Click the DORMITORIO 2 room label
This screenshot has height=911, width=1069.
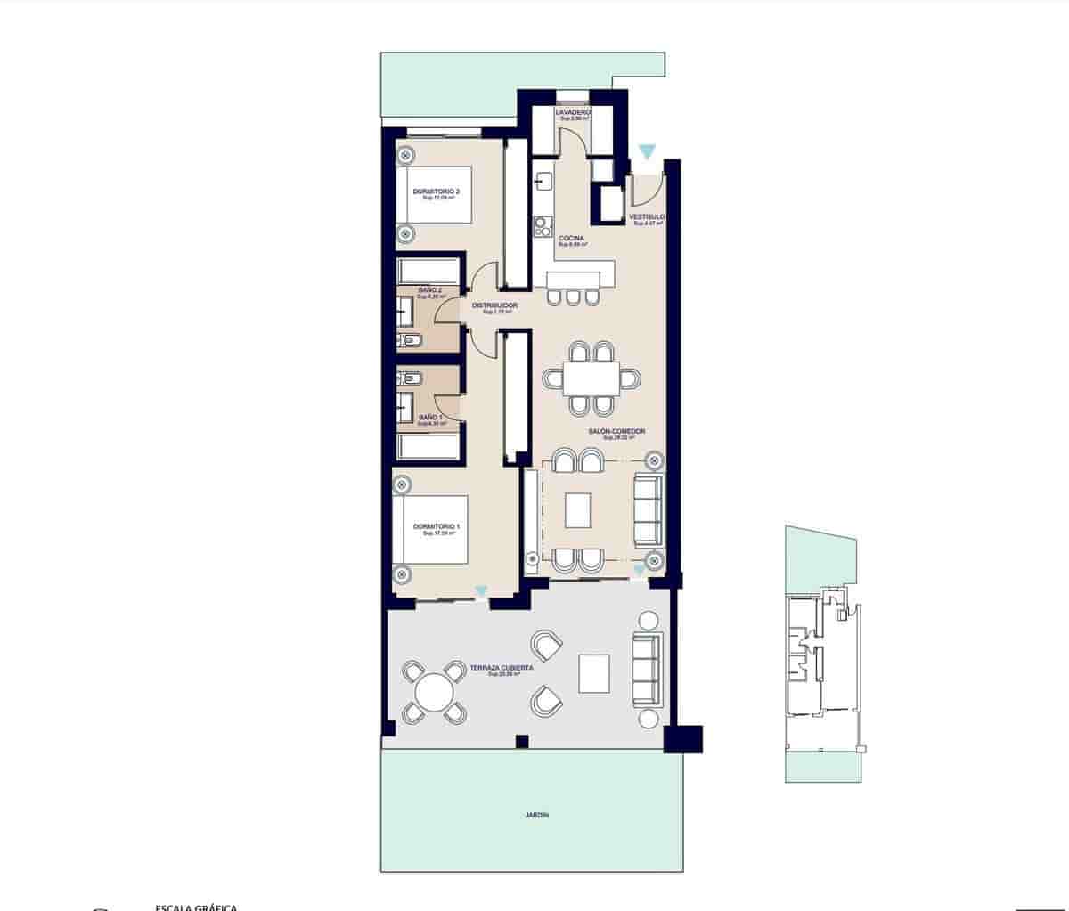pos(437,191)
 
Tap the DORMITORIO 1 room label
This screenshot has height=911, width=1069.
pos(437,526)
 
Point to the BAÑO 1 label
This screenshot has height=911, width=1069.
pos(429,417)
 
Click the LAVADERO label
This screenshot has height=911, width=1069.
pos(572,113)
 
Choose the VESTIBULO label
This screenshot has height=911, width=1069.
pos(647,217)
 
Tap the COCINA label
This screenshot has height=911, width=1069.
pos(571,239)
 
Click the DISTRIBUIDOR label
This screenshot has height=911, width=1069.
pos(494,305)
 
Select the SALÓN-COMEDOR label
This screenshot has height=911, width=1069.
pos(616,432)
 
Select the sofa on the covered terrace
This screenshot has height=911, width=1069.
pos(647,670)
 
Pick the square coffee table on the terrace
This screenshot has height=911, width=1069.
pos(594,673)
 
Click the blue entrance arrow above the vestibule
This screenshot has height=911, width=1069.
pos(646,152)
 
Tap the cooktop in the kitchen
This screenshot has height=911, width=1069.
pos(541,226)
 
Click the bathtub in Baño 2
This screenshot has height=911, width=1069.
pos(428,271)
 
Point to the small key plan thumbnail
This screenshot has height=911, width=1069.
pos(821,655)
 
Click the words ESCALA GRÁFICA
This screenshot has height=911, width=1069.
pos(196,907)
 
